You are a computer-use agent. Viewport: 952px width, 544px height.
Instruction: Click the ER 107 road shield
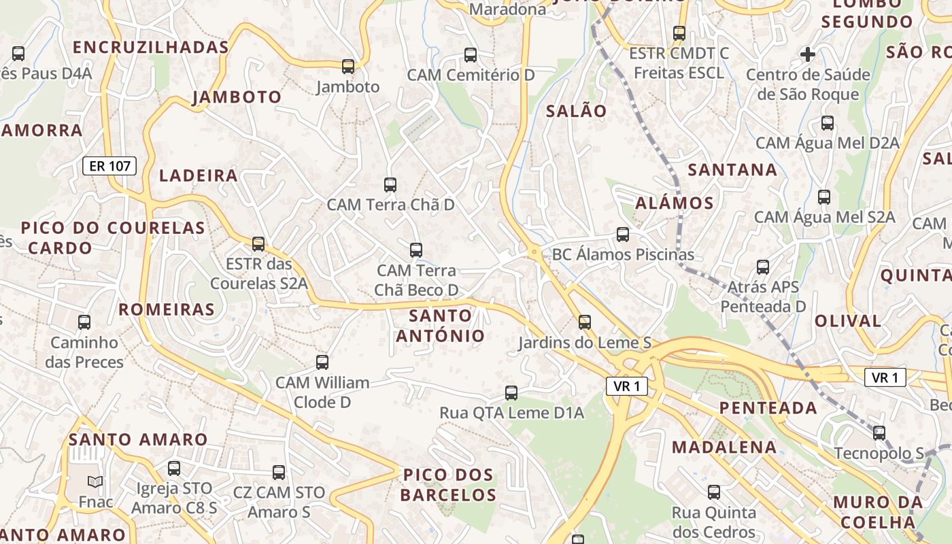pos(109,165)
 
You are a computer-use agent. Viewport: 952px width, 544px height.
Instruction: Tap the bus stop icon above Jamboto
pos(348,66)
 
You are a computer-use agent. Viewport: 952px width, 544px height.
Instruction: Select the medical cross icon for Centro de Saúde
pos(808,54)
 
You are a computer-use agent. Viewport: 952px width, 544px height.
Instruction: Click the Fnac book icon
pos(95,481)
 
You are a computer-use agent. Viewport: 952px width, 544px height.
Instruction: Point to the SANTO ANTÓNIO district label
pos(441,325)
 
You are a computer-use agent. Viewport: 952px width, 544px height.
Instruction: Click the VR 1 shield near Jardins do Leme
pos(626,386)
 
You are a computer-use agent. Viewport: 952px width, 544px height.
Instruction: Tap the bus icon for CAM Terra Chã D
pos(390,184)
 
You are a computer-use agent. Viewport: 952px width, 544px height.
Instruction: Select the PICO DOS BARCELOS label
pos(448,484)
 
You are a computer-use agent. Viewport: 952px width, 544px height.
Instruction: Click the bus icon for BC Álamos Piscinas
pos(623,235)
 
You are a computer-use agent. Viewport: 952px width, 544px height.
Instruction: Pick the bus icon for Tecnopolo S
pos(879,432)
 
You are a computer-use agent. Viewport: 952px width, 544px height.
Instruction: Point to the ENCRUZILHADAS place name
pos(150,47)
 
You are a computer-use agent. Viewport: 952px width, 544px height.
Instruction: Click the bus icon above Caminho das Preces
pos(84,322)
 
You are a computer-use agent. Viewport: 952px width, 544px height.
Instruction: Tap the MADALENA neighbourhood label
pos(724,447)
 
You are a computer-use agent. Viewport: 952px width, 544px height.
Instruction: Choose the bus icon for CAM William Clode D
pos(322,362)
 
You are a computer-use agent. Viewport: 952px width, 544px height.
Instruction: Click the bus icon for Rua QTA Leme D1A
pos(511,392)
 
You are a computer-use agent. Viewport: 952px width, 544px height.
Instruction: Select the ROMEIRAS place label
pos(167,309)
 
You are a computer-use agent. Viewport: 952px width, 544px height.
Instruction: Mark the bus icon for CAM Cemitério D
pos(471,54)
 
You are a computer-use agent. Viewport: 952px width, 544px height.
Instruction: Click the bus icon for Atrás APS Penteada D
pos(763,267)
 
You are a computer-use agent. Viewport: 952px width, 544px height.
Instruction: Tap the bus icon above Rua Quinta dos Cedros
pos(714,492)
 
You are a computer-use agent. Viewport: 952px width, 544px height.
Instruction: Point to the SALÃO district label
pos(576,111)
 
